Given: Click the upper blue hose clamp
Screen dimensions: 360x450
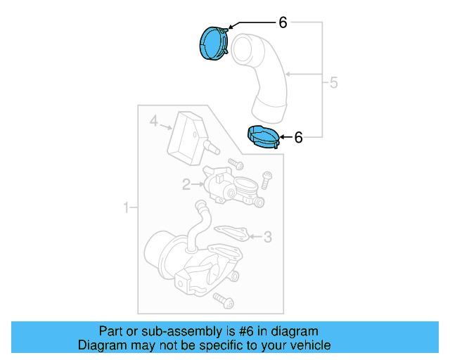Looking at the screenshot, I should click(214, 44).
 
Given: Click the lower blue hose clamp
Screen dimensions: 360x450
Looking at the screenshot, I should click(262, 138).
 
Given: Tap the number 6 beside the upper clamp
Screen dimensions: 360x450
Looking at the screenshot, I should click(283, 23).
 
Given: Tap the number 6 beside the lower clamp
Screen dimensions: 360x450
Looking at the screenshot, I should click(298, 138).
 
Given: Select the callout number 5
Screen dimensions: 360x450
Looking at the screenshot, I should click(333, 83).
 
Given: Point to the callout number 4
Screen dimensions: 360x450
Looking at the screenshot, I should click(154, 122).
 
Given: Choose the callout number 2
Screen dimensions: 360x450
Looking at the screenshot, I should click(186, 185).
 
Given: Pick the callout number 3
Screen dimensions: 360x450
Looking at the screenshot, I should click(267, 237).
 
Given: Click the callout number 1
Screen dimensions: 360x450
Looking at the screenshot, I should click(127, 208).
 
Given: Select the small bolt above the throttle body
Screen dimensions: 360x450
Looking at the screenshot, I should click(235, 165).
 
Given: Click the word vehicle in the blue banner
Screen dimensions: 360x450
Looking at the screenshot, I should click(307, 345).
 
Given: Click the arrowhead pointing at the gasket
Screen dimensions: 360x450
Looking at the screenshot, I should click(250, 237).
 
